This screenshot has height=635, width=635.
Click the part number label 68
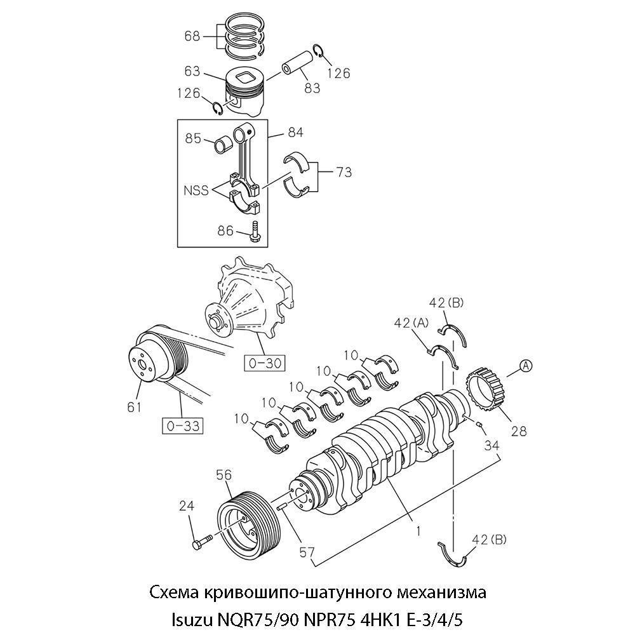click(x=192, y=36)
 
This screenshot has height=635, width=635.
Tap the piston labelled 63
click(x=244, y=95)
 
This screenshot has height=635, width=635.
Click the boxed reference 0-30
click(x=264, y=363)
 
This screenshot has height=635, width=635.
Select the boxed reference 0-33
click(x=183, y=425)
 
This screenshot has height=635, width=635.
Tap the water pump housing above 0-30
click(x=251, y=305)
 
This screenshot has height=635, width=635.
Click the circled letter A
click(x=526, y=364)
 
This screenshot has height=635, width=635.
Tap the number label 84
click(x=295, y=133)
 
